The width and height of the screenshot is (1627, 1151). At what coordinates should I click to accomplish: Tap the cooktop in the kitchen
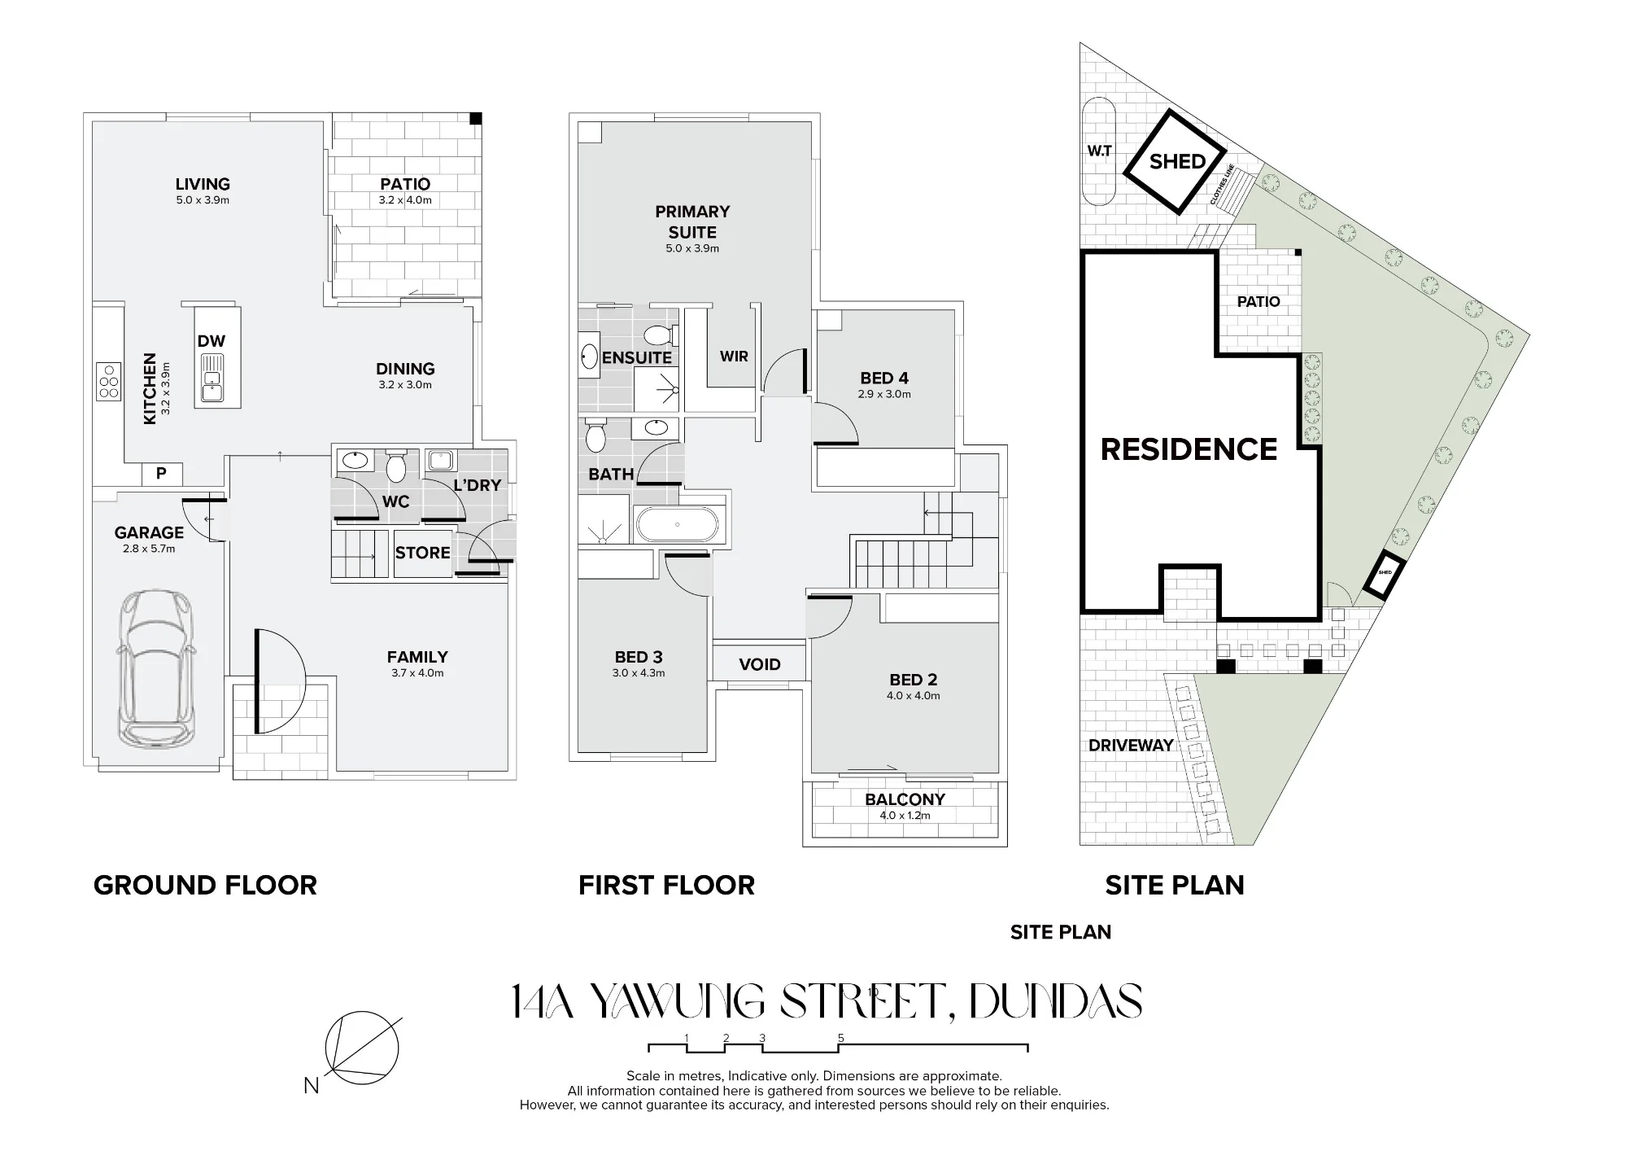click(108, 381)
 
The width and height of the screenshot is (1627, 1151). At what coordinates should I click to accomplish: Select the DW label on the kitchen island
click(212, 341)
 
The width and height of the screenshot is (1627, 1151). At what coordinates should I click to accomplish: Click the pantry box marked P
click(161, 473)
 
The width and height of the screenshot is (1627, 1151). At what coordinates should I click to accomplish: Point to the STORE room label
click(423, 553)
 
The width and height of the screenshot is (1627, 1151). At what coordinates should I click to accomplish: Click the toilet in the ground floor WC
click(396, 465)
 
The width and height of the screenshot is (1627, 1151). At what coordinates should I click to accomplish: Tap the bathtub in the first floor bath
click(677, 524)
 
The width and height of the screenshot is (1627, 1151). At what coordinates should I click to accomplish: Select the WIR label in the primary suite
click(734, 357)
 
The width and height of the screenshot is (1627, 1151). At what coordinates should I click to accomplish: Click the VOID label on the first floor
click(760, 664)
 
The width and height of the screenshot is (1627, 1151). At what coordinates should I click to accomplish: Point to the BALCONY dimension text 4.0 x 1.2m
click(905, 815)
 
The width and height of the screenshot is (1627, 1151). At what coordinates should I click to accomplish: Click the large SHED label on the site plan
click(1177, 161)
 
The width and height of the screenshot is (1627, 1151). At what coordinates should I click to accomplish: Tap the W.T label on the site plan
click(1100, 151)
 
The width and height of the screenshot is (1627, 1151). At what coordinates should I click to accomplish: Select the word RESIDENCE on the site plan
click(1189, 449)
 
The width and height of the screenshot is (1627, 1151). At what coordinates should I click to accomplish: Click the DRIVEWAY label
click(1131, 745)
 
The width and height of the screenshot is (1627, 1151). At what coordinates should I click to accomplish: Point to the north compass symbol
click(361, 1048)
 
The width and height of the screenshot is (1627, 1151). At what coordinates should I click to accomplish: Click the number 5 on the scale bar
click(841, 1038)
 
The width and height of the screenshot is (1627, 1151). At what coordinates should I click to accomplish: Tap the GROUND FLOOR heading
click(205, 885)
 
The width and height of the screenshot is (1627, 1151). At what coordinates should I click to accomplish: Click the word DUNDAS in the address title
click(1055, 1002)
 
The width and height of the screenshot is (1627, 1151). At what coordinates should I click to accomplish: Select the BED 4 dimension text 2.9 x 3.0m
click(884, 394)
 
